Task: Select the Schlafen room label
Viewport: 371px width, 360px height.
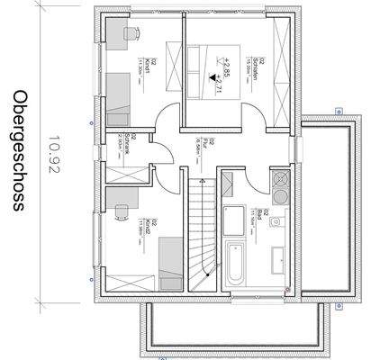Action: (x=257, y=64)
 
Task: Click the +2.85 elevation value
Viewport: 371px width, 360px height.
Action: (x=215, y=66)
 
